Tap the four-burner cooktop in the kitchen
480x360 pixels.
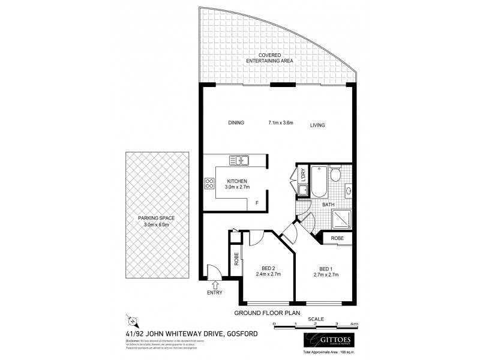[x=210, y=184]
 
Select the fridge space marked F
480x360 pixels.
[x=257, y=203]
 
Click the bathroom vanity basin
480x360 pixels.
[x=347, y=193]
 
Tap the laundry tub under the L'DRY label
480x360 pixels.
[x=304, y=191]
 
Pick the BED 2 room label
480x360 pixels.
[x=268, y=268]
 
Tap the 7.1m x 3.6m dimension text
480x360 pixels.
[x=281, y=123]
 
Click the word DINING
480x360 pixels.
[x=236, y=123]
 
